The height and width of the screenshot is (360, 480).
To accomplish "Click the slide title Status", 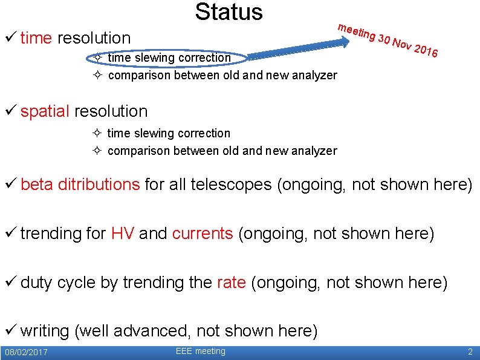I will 229,12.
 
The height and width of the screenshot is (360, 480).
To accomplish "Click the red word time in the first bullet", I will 36,38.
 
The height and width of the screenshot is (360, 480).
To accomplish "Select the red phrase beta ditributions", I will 80,185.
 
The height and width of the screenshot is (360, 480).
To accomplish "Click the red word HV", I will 123,234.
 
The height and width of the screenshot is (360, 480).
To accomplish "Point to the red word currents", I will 203,234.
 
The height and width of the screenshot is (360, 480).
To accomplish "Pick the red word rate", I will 231,283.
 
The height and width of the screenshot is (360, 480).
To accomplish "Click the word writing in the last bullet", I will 45,331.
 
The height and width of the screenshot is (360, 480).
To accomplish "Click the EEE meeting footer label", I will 200,352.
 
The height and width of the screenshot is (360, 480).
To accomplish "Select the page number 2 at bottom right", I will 470,352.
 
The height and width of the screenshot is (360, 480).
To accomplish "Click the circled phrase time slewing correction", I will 169,58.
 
